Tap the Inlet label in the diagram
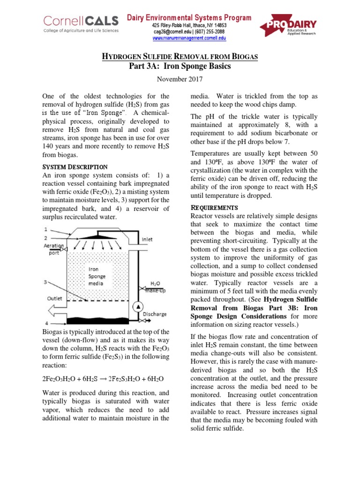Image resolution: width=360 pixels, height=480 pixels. (x=147, y=240)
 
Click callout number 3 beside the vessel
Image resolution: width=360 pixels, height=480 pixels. (x=45, y=282)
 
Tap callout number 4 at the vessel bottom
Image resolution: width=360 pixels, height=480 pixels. (x=45, y=323)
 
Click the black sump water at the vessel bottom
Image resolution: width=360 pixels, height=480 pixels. (x=98, y=321)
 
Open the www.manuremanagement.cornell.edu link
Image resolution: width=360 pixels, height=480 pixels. (x=189, y=37)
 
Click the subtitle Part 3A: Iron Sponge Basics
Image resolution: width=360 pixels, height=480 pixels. (x=180, y=67)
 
